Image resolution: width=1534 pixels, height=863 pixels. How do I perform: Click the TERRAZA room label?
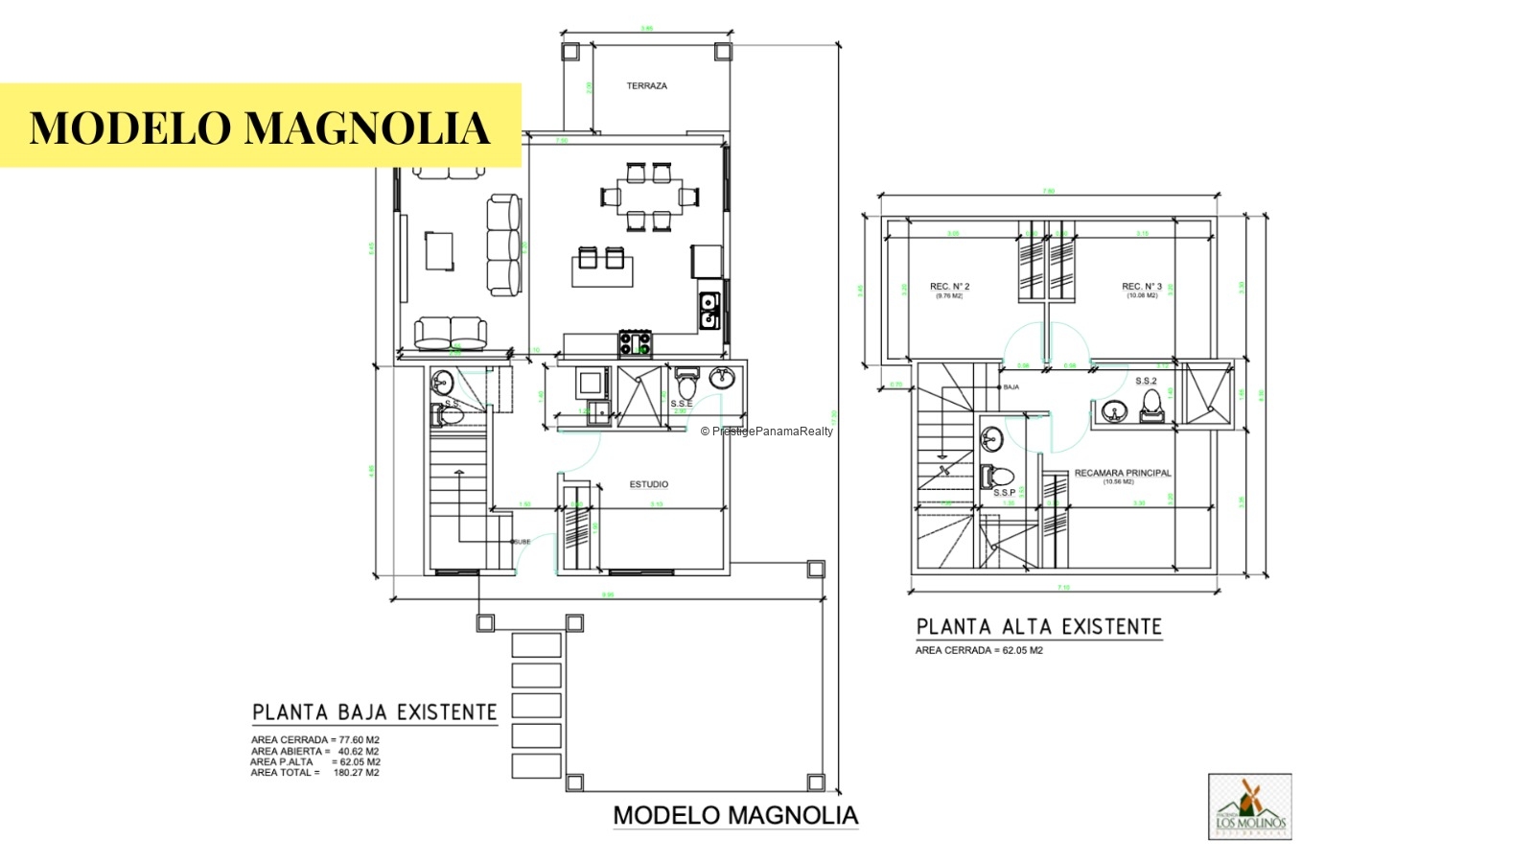[647, 86]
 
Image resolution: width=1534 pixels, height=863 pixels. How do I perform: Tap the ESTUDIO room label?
[649, 484]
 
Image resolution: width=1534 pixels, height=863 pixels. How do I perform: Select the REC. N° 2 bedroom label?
[949, 287]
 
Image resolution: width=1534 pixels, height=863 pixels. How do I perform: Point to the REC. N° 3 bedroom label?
[1142, 287]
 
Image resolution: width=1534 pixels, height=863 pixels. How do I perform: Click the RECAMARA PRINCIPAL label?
[1123, 473]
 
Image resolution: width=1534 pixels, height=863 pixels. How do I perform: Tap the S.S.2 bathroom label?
[1146, 381]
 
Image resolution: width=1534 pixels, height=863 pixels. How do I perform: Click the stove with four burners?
[635, 343]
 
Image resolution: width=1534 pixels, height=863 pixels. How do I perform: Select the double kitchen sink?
[709, 311]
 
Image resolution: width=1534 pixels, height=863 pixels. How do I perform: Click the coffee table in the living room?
[440, 250]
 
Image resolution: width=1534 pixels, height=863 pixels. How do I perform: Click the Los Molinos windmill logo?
[1249, 806]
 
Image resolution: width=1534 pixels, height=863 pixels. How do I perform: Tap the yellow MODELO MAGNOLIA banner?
[260, 127]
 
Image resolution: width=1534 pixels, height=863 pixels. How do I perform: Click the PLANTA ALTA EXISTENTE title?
[1038, 627]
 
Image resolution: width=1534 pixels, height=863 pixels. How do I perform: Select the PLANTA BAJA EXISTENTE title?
[375, 712]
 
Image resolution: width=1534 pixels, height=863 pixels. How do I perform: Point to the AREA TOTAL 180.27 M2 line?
[315, 773]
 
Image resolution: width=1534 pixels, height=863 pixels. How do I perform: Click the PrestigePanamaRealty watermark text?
[767, 431]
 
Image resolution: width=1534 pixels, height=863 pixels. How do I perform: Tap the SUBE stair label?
[523, 542]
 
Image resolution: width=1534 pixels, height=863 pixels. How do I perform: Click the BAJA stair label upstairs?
[1011, 387]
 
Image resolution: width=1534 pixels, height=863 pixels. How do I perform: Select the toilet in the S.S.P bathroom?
[998, 476]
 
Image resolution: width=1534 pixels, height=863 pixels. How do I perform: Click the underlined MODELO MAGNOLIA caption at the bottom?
[735, 816]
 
